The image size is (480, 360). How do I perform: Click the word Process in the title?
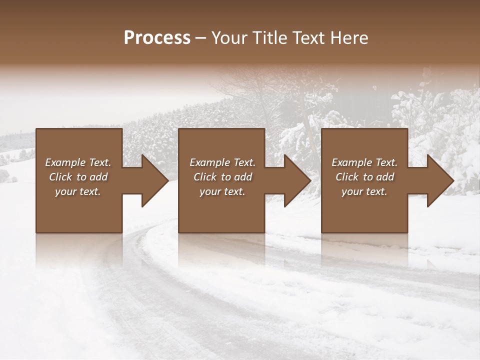tap(157, 38)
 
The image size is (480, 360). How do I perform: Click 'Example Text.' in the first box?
tap(78, 162)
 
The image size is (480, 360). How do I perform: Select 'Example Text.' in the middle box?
tap(222, 162)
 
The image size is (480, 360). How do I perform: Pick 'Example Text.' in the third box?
tap(364, 162)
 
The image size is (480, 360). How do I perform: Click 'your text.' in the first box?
tap(78, 191)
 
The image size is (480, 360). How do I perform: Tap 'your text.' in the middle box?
tap(222, 191)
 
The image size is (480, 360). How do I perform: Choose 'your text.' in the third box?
tap(364, 191)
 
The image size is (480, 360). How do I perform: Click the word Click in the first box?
tap(60, 177)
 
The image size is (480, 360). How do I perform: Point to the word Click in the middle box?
tap(205, 177)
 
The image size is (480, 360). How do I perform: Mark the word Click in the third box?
tap(347, 177)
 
